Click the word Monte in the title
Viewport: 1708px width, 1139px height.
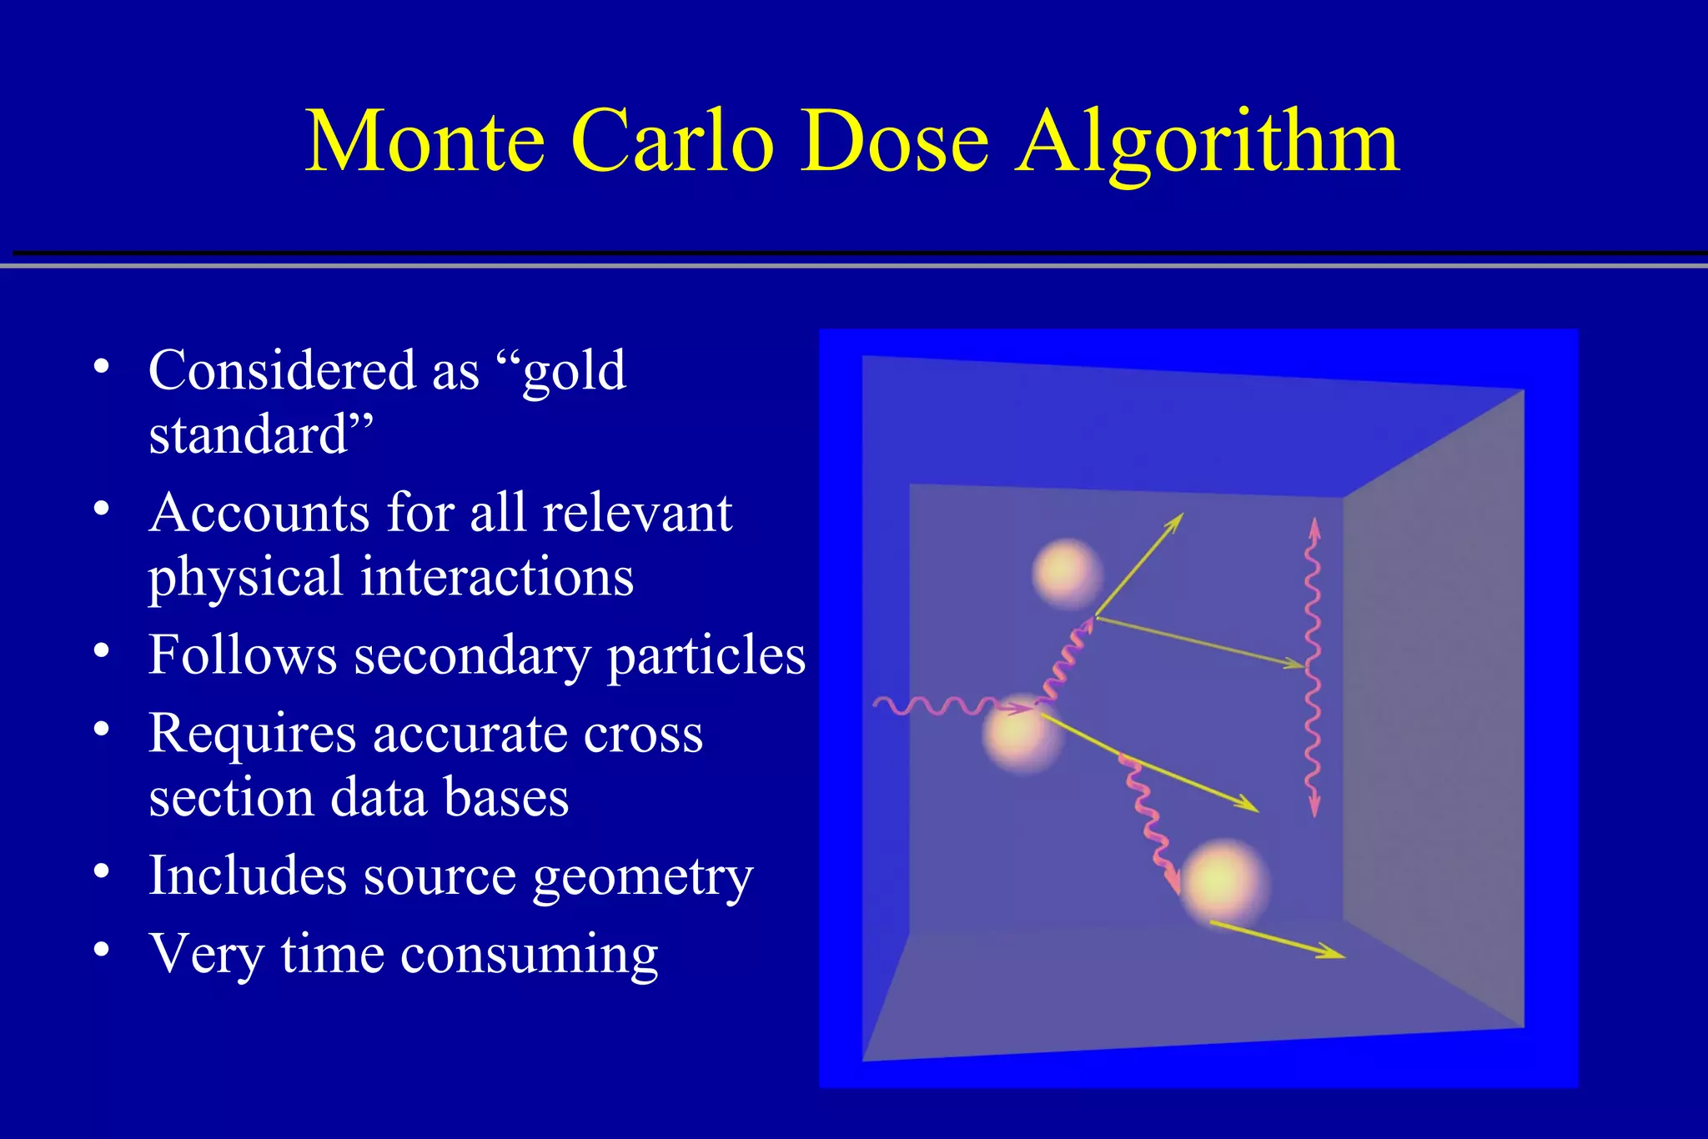click(x=425, y=142)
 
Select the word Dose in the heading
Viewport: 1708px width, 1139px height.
click(x=894, y=142)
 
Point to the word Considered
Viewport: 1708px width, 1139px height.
click(x=281, y=370)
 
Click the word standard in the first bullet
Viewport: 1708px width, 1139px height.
click(x=249, y=435)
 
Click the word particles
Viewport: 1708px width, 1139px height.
click(x=706, y=655)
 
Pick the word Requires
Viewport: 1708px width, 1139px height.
click(x=252, y=735)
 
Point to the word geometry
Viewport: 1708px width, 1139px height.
click(x=642, y=878)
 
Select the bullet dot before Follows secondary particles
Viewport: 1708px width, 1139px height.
click(x=102, y=650)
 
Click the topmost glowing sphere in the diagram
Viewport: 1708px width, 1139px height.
click(x=1067, y=573)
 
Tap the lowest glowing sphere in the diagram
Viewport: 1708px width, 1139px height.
click(x=1223, y=882)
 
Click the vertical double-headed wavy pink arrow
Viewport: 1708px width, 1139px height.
click(x=1314, y=667)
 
